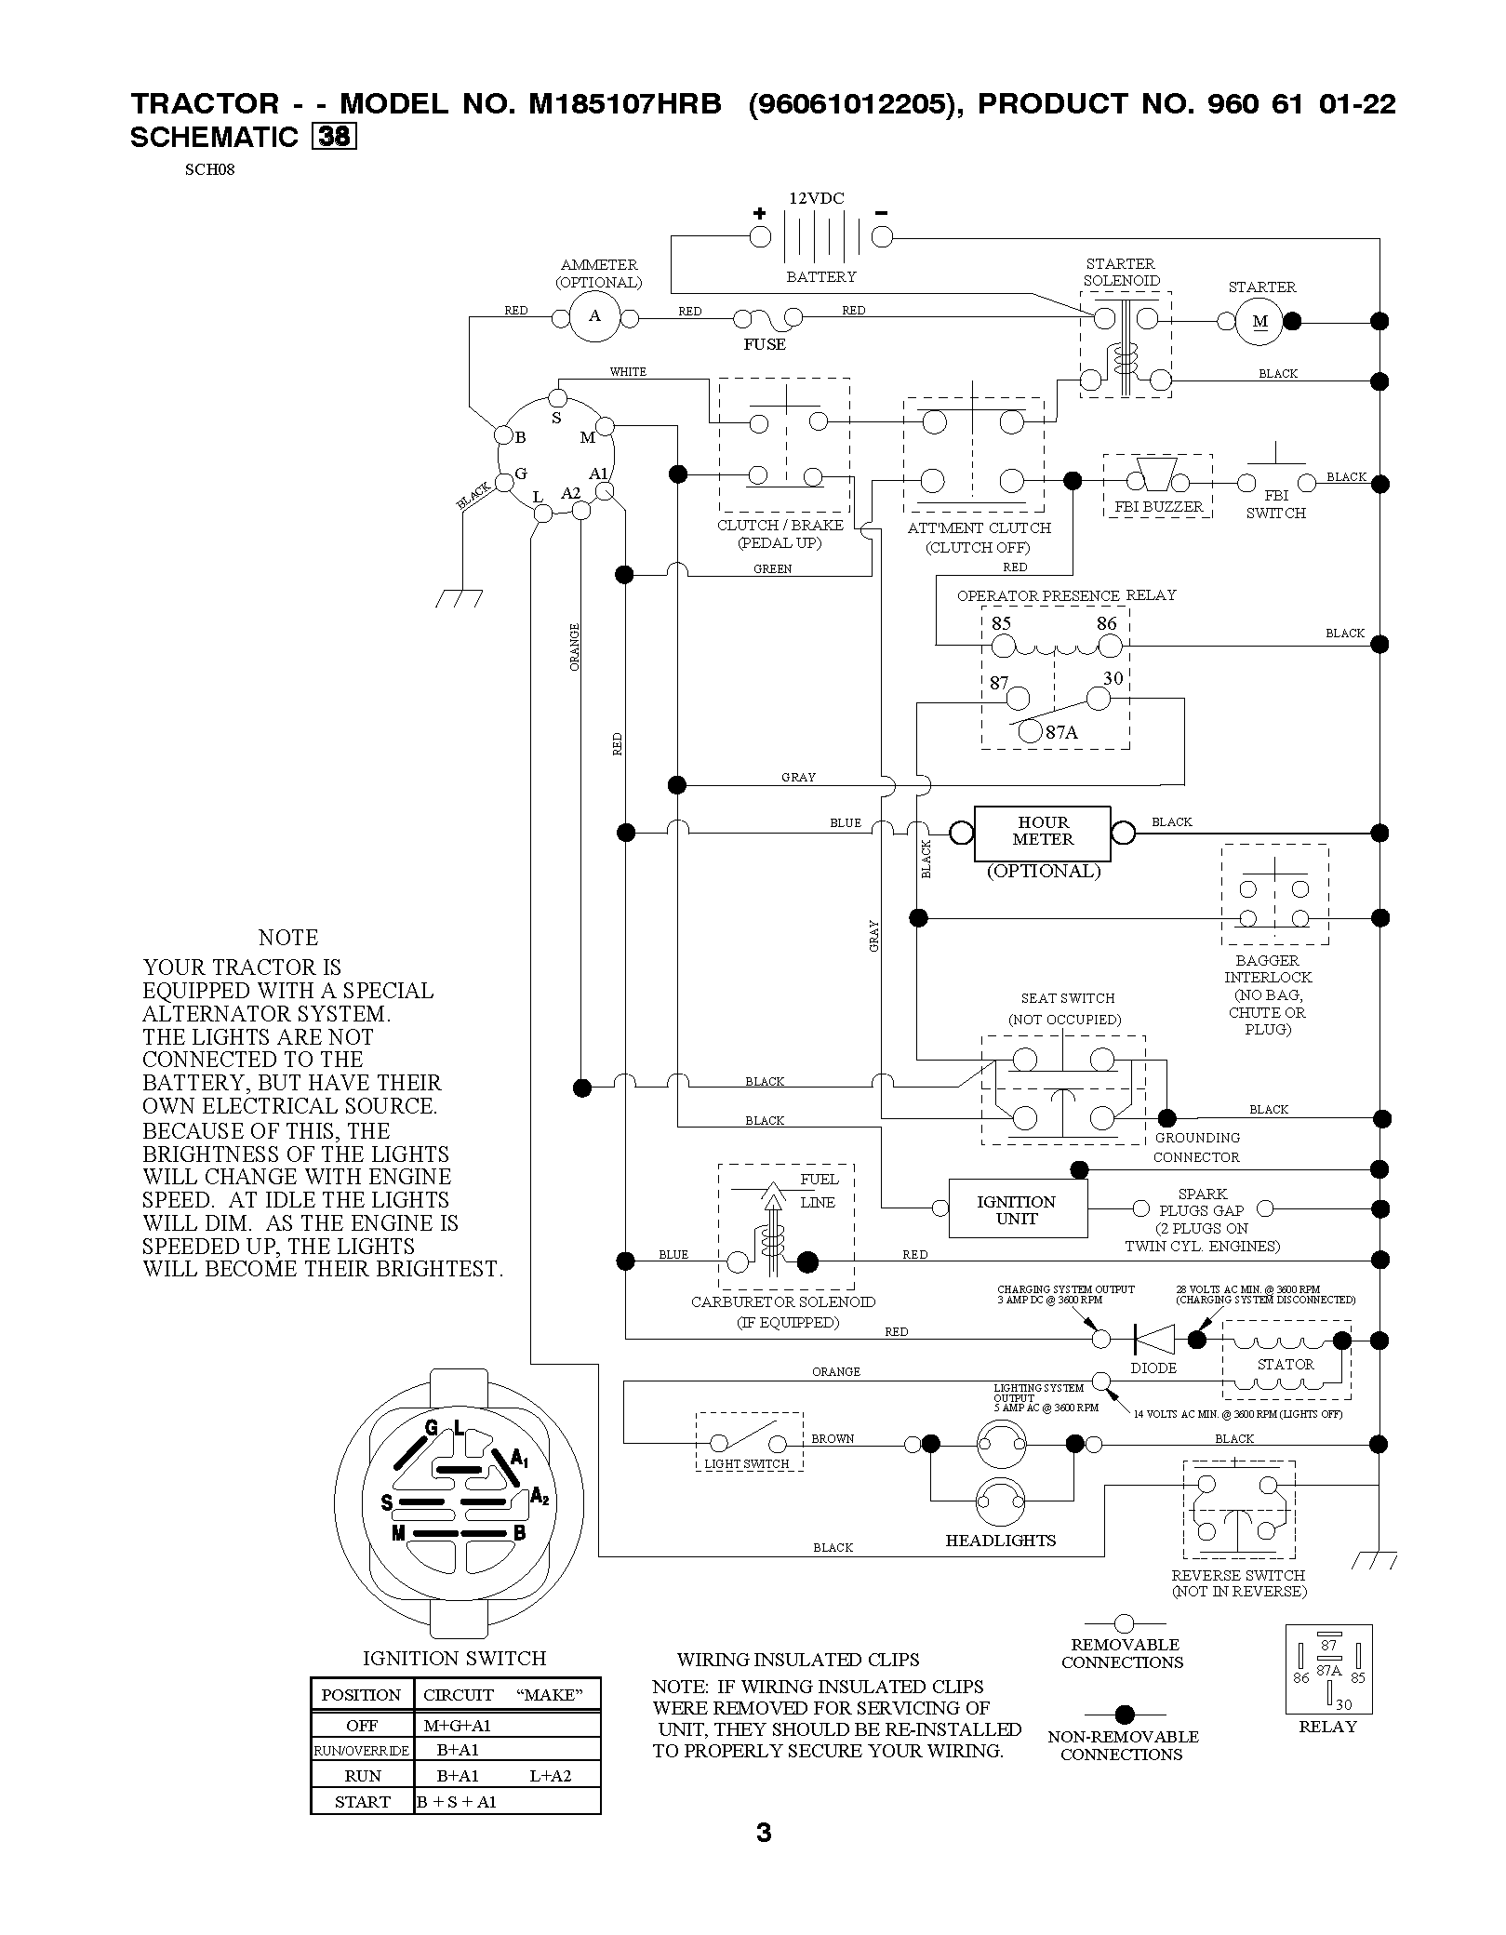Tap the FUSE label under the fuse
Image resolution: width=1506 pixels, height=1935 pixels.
[765, 344]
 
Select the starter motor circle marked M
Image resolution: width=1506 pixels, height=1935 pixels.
[1260, 322]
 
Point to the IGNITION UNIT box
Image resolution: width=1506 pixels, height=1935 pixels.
[1018, 1208]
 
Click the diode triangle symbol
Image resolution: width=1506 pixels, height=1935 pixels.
[1153, 1340]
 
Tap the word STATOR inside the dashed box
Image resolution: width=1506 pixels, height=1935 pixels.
[1286, 1364]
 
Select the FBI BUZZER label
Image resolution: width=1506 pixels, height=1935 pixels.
[1159, 507]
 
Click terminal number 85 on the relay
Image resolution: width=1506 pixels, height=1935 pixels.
[1001, 623]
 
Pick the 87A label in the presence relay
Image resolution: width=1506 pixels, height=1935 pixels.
[1061, 732]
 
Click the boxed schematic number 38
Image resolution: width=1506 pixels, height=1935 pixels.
[333, 136]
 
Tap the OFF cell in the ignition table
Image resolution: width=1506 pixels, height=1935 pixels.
[362, 1726]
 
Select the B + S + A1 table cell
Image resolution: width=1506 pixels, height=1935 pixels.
[457, 1802]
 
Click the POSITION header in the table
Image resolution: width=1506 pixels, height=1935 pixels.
[361, 1694]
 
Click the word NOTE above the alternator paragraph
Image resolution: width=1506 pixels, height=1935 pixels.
[288, 937]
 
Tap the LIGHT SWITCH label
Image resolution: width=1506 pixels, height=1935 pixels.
[747, 1463]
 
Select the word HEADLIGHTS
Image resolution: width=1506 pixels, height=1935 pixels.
[1001, 1540]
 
